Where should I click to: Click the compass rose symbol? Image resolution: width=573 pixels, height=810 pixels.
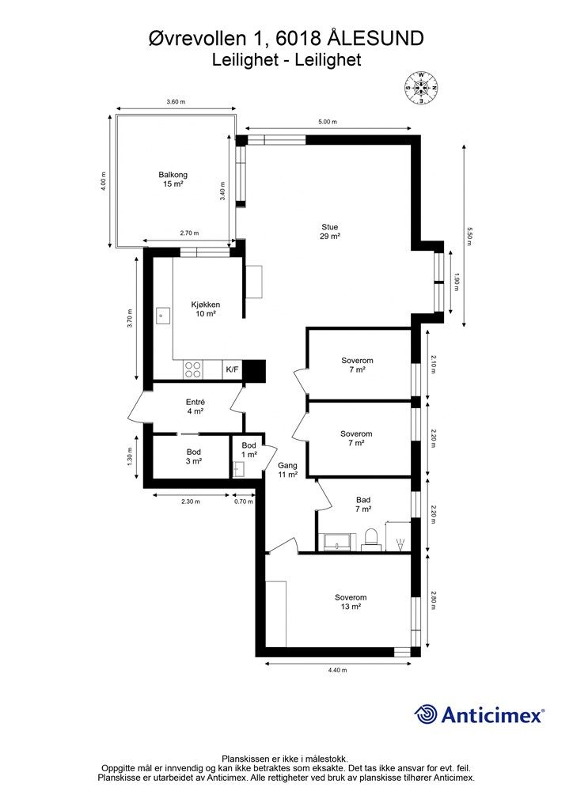422,88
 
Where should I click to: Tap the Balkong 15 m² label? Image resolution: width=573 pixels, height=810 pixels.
173,180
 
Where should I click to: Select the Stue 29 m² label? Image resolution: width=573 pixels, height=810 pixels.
330,232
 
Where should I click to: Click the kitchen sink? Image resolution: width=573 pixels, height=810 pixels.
163,315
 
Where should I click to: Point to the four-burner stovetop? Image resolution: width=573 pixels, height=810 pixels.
193,369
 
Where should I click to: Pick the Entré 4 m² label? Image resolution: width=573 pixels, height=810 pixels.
195,407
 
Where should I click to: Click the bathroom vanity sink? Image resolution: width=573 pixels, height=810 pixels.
337,542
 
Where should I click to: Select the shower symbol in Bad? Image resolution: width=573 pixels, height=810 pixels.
399,544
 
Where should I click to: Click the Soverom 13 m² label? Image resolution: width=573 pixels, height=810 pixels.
351,602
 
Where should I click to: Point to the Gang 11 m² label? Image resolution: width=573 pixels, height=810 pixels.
288,470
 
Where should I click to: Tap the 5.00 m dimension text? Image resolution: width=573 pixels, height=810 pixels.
328,122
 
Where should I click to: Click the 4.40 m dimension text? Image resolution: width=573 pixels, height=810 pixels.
337,670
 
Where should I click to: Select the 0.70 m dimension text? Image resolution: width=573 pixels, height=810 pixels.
244,501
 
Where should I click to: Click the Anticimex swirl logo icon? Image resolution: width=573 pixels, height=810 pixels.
426,714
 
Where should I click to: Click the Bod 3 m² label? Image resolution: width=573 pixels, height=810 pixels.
194,456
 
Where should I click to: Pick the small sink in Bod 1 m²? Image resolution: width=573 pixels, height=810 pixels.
239,470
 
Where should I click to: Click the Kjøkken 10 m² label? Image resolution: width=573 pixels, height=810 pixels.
206,309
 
